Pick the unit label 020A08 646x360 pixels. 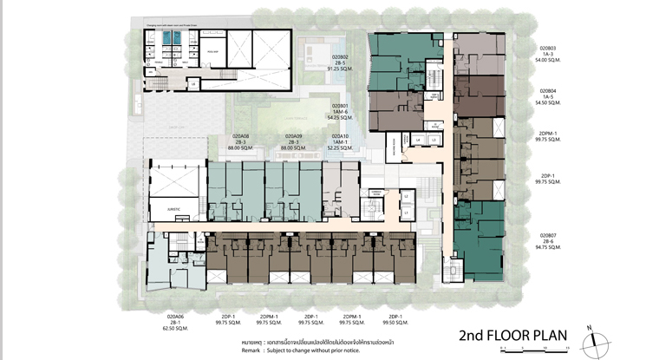coord(241,136)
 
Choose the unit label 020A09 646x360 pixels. coord(295,136)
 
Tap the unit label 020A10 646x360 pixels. coord(340,136)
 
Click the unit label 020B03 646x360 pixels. coord(547,48)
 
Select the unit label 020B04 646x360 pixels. coord(547,90)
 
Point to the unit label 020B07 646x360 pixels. coord(547,235)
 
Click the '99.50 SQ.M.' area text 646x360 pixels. coord(395,324)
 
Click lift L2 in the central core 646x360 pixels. coord(406,196)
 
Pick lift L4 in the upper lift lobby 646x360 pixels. coord(418,139)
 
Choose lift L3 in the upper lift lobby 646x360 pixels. coord(434,139)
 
